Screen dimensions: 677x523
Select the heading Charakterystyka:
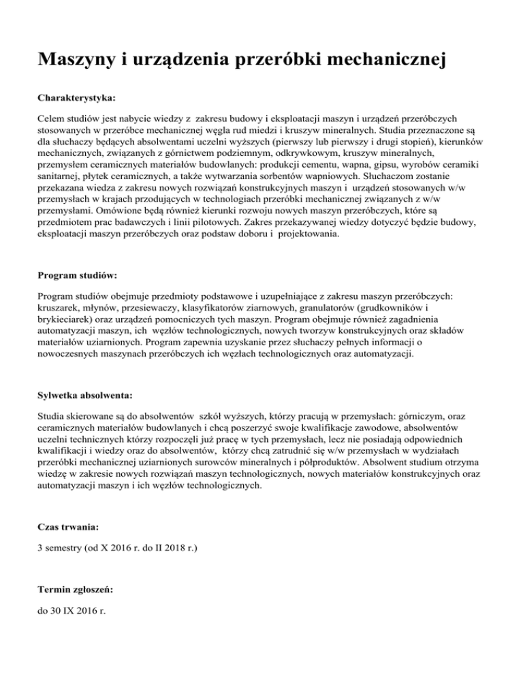coord(76,98)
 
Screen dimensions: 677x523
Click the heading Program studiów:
coord(77,277)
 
